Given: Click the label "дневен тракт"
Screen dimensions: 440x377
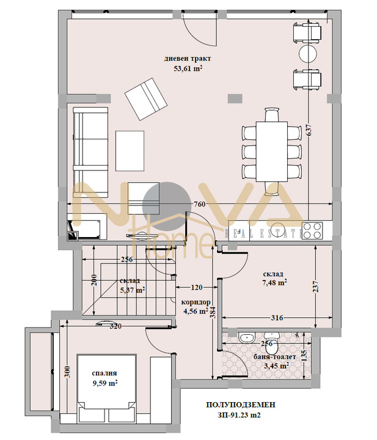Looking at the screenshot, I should click(188, 59).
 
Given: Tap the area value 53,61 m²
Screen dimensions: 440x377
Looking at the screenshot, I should click(188, 69).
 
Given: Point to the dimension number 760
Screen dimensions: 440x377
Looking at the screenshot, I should click(199, 204).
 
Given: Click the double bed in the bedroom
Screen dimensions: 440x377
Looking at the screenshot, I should click(104, 387).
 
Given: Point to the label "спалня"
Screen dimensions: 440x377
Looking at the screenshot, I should click(104, 373).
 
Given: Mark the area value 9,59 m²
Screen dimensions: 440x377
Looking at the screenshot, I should click(104, 383).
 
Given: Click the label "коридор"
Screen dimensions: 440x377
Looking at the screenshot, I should click(196, 302).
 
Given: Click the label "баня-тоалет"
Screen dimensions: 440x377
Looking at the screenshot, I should click(276, 356).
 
